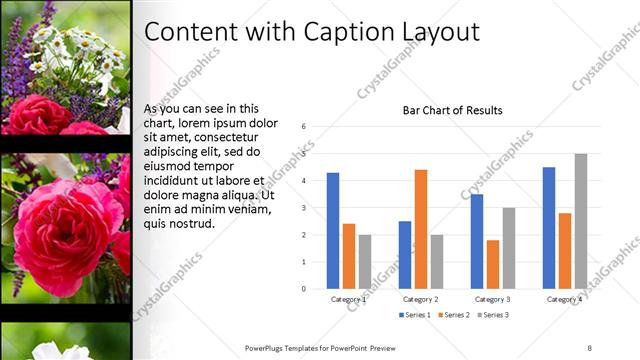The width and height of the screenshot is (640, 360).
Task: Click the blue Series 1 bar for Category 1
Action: pos(333,230)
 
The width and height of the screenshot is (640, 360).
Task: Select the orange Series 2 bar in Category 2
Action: pos(421,229)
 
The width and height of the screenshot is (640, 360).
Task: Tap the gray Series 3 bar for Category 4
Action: pos(581,221)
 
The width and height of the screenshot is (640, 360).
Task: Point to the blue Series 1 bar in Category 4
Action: pos(549,227)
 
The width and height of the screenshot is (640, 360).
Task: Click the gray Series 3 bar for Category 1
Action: pos(365,261)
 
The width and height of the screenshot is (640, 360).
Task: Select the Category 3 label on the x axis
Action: pos(493,299)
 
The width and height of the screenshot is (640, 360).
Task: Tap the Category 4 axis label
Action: pos(565,299)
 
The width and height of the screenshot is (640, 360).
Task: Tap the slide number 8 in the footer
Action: pos(589,347)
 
